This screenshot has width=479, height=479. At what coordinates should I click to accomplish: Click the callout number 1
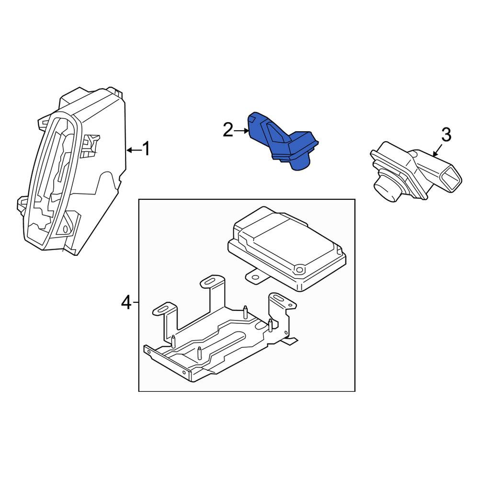point(147,149)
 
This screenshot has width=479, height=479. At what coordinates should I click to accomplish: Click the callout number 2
point(228,130)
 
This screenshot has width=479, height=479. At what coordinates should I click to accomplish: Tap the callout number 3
point(446,135)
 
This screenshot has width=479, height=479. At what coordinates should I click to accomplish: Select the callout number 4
point(126,303)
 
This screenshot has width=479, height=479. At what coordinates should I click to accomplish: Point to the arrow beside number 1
point(134,149)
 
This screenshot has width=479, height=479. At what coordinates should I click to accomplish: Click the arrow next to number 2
point(241,131)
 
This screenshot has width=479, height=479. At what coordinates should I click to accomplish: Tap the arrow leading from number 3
point(437,150)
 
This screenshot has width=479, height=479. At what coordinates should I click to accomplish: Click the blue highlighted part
point(281,140)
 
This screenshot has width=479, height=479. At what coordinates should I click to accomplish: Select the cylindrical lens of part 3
point(386,188)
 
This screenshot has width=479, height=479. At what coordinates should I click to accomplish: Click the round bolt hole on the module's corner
point(300,270)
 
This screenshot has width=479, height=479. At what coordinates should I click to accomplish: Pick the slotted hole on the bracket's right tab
point(278,298)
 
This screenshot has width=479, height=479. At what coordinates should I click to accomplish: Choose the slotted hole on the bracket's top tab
point(210,281)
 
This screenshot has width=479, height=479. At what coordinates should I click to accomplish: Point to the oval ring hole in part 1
point(65,229)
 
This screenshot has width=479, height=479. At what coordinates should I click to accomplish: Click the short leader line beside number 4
point(136,302)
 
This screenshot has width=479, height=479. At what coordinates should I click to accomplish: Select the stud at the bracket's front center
point(199,353)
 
